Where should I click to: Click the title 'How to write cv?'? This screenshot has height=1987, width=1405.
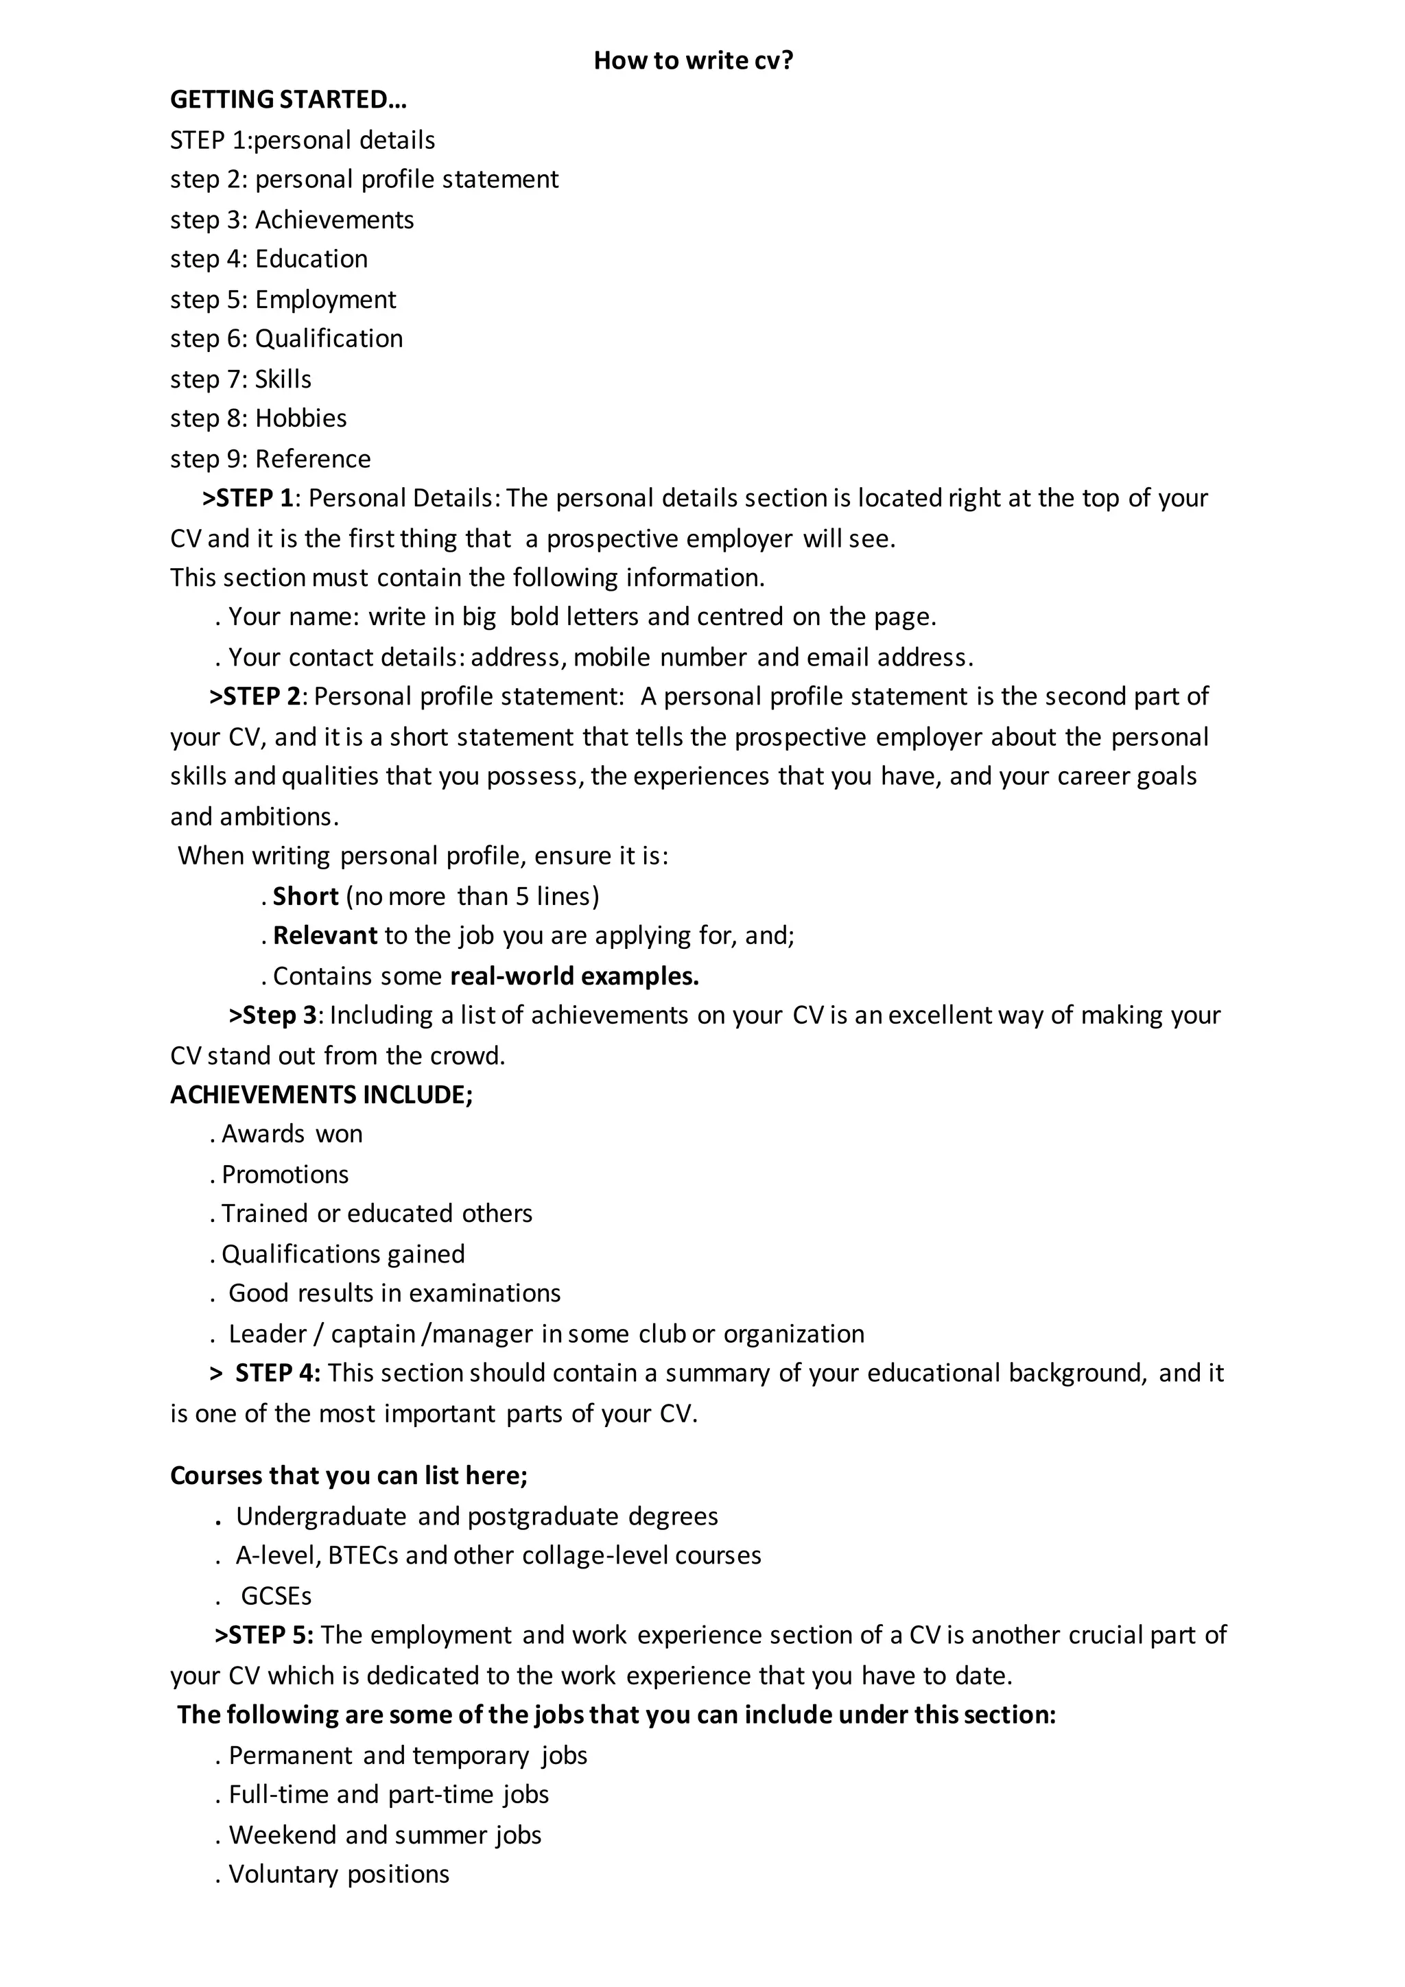(693, 60)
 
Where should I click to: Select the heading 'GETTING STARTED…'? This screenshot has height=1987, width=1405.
(288, 100)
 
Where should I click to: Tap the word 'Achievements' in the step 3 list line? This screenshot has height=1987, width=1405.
(334, 220)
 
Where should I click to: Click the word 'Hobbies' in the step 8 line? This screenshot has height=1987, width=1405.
(300, 418)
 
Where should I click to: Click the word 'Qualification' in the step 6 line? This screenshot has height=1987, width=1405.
(329, 338)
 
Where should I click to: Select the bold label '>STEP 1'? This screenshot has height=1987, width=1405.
(248, 499)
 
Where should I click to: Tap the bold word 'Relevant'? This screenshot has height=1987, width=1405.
(325, 935)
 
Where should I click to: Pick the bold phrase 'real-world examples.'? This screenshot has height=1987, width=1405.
(574, 976)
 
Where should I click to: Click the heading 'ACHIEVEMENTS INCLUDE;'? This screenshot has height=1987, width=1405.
(321, 1095)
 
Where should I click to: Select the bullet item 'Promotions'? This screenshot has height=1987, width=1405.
(285, 1175)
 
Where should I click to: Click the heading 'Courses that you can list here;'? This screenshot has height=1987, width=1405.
(349, 1476)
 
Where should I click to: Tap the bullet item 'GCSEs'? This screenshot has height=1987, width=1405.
(276, 1596)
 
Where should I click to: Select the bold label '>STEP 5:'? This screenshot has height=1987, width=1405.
(264, 1635)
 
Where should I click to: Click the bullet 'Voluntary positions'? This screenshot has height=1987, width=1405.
(338, 1874)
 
